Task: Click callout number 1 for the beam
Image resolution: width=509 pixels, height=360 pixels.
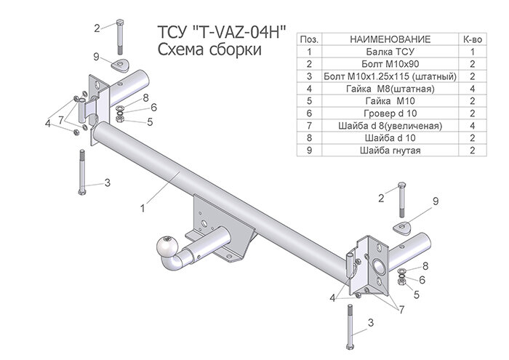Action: [143, 208]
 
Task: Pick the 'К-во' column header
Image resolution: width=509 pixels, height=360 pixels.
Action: [472, 38]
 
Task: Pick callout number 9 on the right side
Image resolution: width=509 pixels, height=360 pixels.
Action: [436, 201]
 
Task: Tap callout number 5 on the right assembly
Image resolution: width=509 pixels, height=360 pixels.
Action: [416, 294]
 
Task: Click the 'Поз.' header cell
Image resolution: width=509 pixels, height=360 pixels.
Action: [309, 38]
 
